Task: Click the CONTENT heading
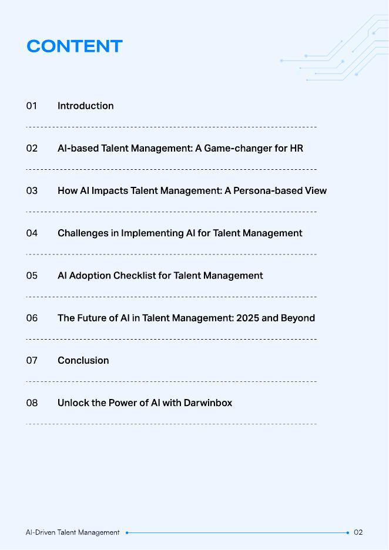click(x=75, y=46)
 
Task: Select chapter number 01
click(x=32, y=106)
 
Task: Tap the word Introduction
click(x=85, y=106)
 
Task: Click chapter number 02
click(x=32, y=148)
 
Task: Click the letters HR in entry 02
click(x=296, y=148)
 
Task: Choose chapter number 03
click(x=32, y=190)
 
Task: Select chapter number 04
click(x=32, y=233)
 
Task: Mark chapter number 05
click(x=32, y=276)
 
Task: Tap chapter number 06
click(x=32, y=318)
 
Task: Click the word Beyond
click(x=299, y=318)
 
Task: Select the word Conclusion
click(x=83, y=360)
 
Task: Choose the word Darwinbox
click(x=208, y=403)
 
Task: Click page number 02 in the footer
click(x=358, y=532)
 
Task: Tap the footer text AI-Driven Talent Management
click(x=72, y=532)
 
